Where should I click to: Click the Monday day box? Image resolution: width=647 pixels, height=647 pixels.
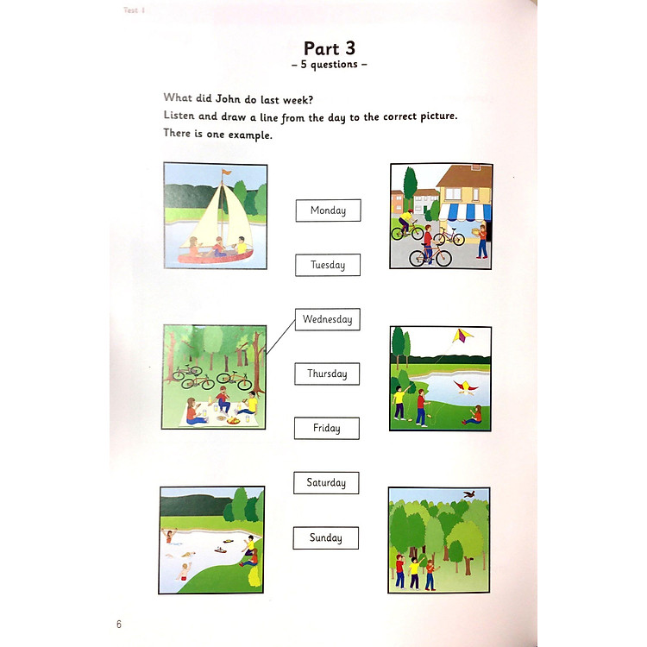(328, 210)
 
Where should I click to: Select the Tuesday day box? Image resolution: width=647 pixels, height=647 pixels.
(328, 265)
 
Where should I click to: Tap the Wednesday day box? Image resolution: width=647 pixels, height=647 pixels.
(327, 319)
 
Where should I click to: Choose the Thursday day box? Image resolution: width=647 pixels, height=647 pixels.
(327, 374)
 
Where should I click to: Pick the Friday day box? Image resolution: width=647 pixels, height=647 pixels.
(326, 428)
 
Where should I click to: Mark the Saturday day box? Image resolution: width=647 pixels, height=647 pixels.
(326, 483)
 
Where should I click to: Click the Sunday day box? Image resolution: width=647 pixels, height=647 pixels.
(325, 538)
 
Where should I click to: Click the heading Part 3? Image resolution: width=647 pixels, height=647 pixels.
(330, 48)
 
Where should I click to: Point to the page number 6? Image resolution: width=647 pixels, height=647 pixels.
(119, 624)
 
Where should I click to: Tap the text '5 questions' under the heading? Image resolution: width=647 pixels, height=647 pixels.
(330, 65)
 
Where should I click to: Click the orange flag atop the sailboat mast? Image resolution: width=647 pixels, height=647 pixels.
(227, 173)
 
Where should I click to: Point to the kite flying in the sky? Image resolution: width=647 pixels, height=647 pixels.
(463, 336)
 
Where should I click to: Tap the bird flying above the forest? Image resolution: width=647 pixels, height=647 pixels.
(469, 495)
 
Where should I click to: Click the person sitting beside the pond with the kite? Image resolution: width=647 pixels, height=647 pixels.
(474, 415)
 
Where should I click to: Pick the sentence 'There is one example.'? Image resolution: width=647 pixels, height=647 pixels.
(217, 134)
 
